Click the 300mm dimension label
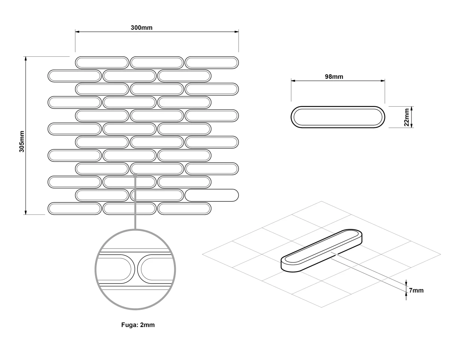click(x=142, y=28)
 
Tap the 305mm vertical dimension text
click(x=22, y=142)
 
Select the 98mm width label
click(x=334, y=77)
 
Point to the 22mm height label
click(x=406, y=117)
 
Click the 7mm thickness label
click(x=416, y=290)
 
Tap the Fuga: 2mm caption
click(x=138, y=325)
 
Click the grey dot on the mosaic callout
click(x=135, y=175)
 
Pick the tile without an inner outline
click(x=211, y=195)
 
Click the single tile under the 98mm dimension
click(x=338, y=117)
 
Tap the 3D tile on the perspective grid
click(x=321, y=250)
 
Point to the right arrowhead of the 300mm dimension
click(x=237, y=32)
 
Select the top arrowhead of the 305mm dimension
click(x=26, y=59)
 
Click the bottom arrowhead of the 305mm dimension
click(x=26, y=212)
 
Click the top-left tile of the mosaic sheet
click(x=102, y=63)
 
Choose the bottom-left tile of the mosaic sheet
click(x=75, y=208)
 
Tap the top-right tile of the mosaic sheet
click(x=211, y=63)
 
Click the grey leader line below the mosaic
click(x=135, y=202)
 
